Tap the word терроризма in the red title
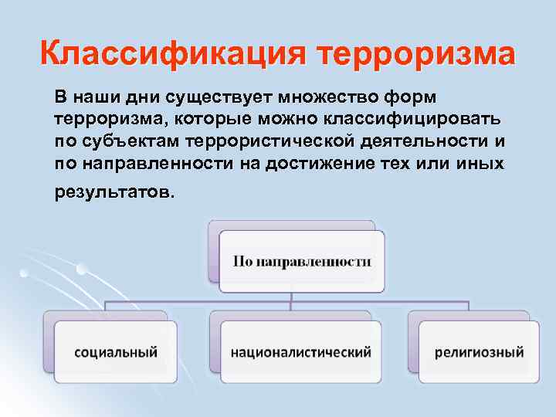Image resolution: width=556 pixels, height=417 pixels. click(x=416, y=55)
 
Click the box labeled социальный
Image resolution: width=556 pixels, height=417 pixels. click(x=116, y=352)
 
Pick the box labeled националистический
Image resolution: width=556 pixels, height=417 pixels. click(x=301, y=352)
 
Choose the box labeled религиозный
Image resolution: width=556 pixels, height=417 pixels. click(x=479, y=352)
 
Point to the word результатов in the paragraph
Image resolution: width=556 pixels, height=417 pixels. click(x=114, y=192)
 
